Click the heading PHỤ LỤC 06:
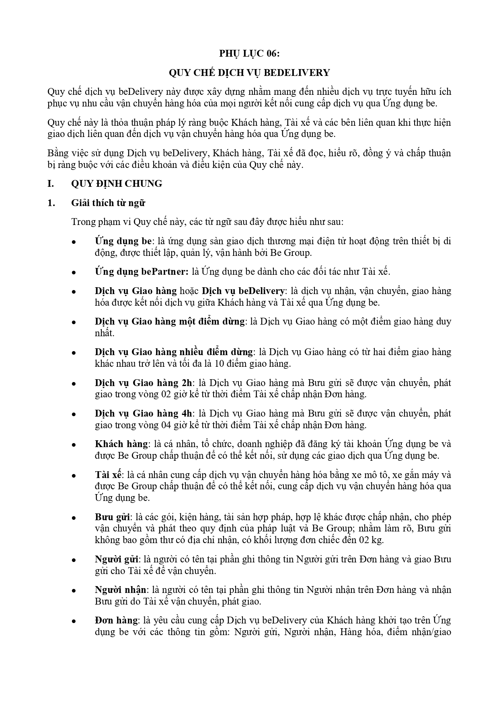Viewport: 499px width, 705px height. pos(249,53)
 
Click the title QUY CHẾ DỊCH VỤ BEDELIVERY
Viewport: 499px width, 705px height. pos(249,73)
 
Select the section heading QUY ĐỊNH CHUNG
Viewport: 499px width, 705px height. pos(117,184)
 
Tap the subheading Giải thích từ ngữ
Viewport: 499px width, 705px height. pos(108,203)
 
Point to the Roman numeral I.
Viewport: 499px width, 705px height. pos(51,184)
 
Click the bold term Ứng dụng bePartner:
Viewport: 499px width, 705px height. pos(142,272)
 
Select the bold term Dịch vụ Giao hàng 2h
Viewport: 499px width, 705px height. pos(144,382)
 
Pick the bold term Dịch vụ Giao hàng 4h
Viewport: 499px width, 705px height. pos(144,413)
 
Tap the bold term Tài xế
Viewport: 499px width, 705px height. pos(108,475)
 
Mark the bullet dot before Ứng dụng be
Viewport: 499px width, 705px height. pos(74,242)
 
